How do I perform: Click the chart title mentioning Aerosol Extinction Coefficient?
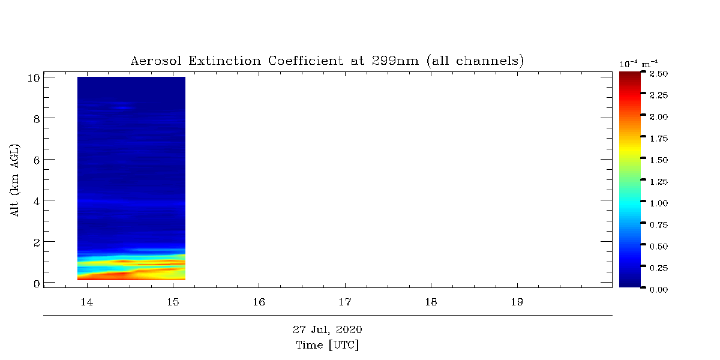pos(327,61)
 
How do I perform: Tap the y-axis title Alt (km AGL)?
pos(14,181)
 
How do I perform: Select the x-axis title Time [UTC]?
pos(327,345)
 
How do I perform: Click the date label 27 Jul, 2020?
pos(327,329)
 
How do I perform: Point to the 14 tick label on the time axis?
pos(87,302)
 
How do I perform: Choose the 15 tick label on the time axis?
pos(173,302)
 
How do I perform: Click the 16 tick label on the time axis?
pos(259,302)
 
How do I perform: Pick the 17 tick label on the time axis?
pos(345,302)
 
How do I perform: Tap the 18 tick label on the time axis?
pos(431,302)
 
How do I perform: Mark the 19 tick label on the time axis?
pos(517,302)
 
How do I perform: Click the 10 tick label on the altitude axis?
pos(34,78)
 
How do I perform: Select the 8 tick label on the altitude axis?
pos(37,119)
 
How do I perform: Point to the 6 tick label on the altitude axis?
pos(37,160)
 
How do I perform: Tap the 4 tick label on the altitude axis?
pos(37,201)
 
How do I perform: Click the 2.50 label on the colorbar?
pos(659,74)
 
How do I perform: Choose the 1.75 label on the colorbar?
pos(659,139)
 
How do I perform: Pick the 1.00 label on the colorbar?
pos(659,203)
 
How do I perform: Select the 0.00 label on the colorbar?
pos(659,290)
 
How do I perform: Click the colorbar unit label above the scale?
pos(638,64)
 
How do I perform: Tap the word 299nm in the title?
pos(395,61)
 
